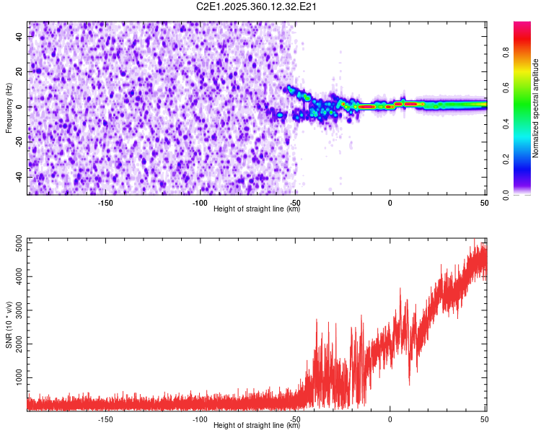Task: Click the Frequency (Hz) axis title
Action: click(x=9, y=108)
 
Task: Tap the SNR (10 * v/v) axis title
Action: click(x=9, y=323)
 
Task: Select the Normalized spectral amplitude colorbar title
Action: click(x=536, y=109)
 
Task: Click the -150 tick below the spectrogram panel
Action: click(x=105, y=203)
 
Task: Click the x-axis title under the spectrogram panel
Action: click(x=257, y=209)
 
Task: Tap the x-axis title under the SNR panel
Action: click(x=257, y=426)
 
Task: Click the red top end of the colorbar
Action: click(x=522, y=25)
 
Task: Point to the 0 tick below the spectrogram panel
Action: click(x=390, y=203)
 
